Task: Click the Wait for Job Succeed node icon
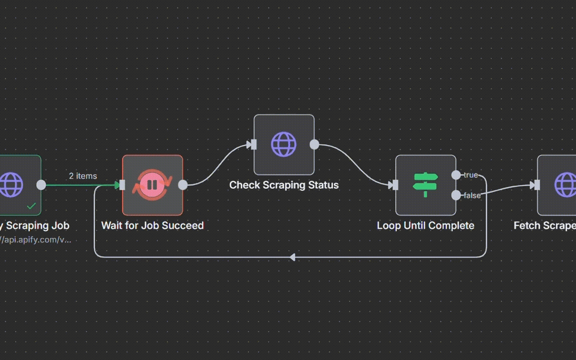pyautogui.click(x=153, y=185)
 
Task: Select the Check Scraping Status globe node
pyautogui.click(x=284, y=145)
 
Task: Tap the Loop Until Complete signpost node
pyautogui.click(x=426, y=185)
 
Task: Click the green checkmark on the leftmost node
pyautogui.click(x=31, y=206)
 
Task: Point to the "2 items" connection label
pyautogui.click(x=83, y=176)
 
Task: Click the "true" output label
pyautogui.click(x=470, y=175)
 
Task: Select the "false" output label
pyautogui.click(x=472, y=196)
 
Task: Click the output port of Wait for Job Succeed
pyautogui.click(x=182, y=185)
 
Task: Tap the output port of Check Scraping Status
pyautogui.click(x=315, y=145)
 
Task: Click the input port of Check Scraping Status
pyautogui.click(x=254, y=145)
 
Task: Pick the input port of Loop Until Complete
pyautogui.click(x=395, y=185)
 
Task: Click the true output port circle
pyautogui.click(x=456, y=175)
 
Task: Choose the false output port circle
pyautogui.click(x=456, y=195)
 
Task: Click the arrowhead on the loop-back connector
pyautogui.click(x=292, y=258)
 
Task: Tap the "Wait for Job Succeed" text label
pyautogui.click(x=153, y=226)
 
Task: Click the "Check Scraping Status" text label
pyautogui.click(x=284, y=185)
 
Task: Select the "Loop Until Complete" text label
pyautogui.click(x=426, y=226)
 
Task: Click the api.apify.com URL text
pyautogui.click(x=35, y=239)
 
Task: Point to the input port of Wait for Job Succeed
pyautogui.click(x=122, y=185)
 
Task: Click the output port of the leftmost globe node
pyautogui.click(x=41, y=185)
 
